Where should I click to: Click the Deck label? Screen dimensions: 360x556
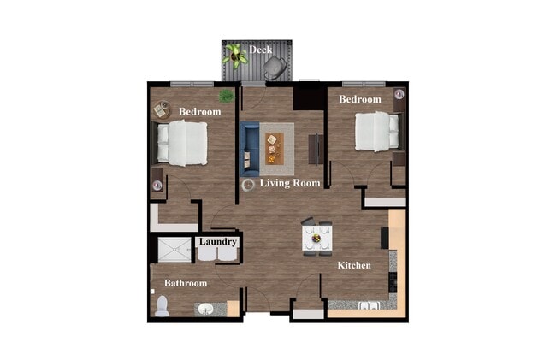point(261,50)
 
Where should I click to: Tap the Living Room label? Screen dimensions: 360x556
point(291,183)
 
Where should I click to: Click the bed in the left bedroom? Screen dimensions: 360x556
point(183,143)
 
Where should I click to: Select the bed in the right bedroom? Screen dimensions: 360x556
point(376,130)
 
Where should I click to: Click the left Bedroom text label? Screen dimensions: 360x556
point(199,112)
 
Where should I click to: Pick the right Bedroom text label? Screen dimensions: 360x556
point(359,100)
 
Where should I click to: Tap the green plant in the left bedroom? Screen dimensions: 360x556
point(227,95)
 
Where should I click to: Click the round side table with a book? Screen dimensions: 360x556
point(162,110)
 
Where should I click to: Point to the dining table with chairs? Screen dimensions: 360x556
point(318,237)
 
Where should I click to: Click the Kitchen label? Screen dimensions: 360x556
point(354,266)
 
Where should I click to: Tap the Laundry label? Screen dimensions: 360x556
point(217,242)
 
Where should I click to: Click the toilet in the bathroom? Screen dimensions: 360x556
point(162,305)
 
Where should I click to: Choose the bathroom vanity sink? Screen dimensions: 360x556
point(205,309)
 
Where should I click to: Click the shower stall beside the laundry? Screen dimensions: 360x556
point(171,249)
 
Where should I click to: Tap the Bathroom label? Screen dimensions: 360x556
point(186,283)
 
